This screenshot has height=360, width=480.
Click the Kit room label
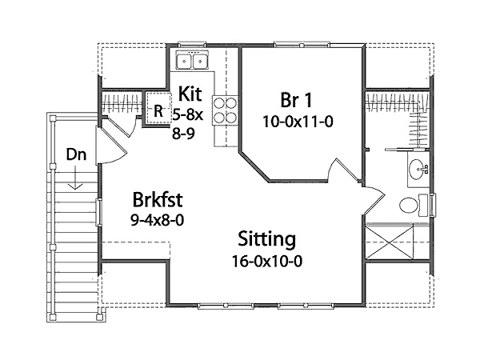190,92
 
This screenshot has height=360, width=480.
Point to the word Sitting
266,239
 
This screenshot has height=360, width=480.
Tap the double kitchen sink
193,60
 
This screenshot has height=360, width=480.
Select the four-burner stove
227,109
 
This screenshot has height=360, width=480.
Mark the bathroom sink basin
416,170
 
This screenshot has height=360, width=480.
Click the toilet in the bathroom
412,205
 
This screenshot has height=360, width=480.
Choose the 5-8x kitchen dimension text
189,114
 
